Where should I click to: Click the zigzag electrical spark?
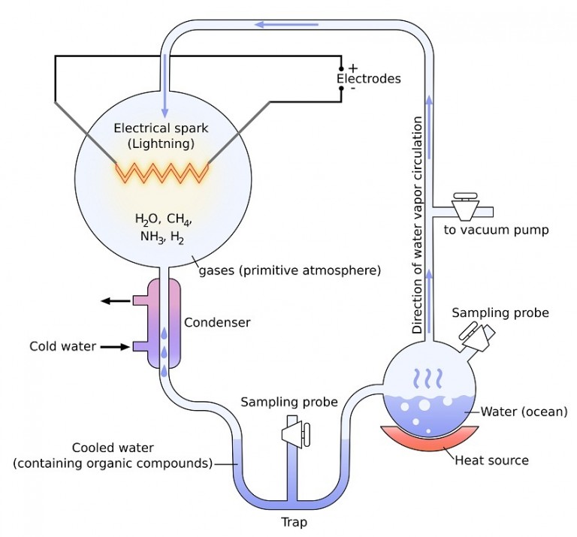tap(161, 172)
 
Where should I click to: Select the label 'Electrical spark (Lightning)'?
tap(161, 135)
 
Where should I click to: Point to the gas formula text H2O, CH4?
tap(163, 220)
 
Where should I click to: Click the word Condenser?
tap(217, 322)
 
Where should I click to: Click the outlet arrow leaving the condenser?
tap(116, 301)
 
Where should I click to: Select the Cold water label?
tap(63, 346)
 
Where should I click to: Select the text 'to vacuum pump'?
tap(496, 229)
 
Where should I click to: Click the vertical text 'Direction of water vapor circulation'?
tap(418, 225)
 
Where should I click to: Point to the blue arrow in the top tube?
tap(286, 25)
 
